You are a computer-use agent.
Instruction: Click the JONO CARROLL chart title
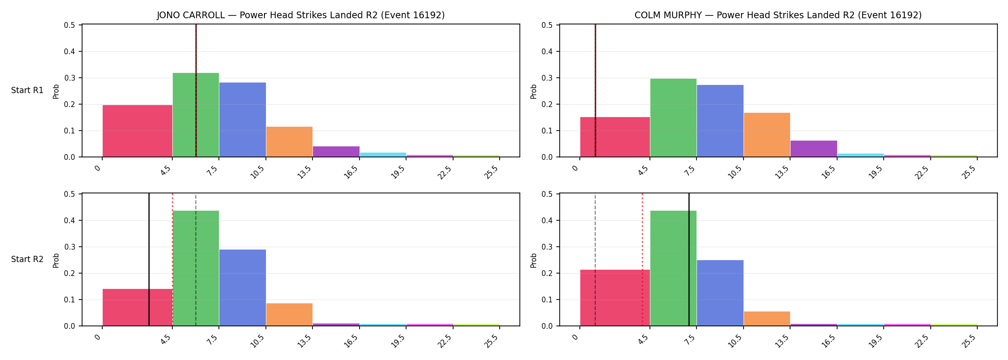(301, 15)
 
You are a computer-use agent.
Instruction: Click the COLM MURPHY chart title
(778, 15)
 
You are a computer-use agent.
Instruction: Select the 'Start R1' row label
(27, 90)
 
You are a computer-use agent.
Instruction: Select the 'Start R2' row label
(27, 259)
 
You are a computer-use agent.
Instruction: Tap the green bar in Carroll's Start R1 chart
(196, 115)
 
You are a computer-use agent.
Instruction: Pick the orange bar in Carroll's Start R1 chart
(289, 142)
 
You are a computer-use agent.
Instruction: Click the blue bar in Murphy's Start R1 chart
(720, 121)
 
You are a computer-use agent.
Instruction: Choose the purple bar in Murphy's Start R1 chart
(814, 149)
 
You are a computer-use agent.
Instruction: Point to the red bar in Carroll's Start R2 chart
(137, 307)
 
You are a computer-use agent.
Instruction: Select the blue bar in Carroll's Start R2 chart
(242, 288)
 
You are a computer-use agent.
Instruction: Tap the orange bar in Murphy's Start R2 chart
(767, 319)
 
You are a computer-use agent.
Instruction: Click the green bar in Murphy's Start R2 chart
(673, 268)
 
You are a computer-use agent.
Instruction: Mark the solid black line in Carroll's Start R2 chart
(149, 260)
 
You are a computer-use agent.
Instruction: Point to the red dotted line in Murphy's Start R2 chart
(642, 260)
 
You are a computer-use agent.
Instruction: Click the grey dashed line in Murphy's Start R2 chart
(595, 260)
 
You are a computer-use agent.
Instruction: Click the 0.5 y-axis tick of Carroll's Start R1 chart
(70, 25)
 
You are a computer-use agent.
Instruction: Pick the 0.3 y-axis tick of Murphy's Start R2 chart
(548, 247)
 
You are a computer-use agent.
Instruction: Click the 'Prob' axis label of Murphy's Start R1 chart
(534, 91)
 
